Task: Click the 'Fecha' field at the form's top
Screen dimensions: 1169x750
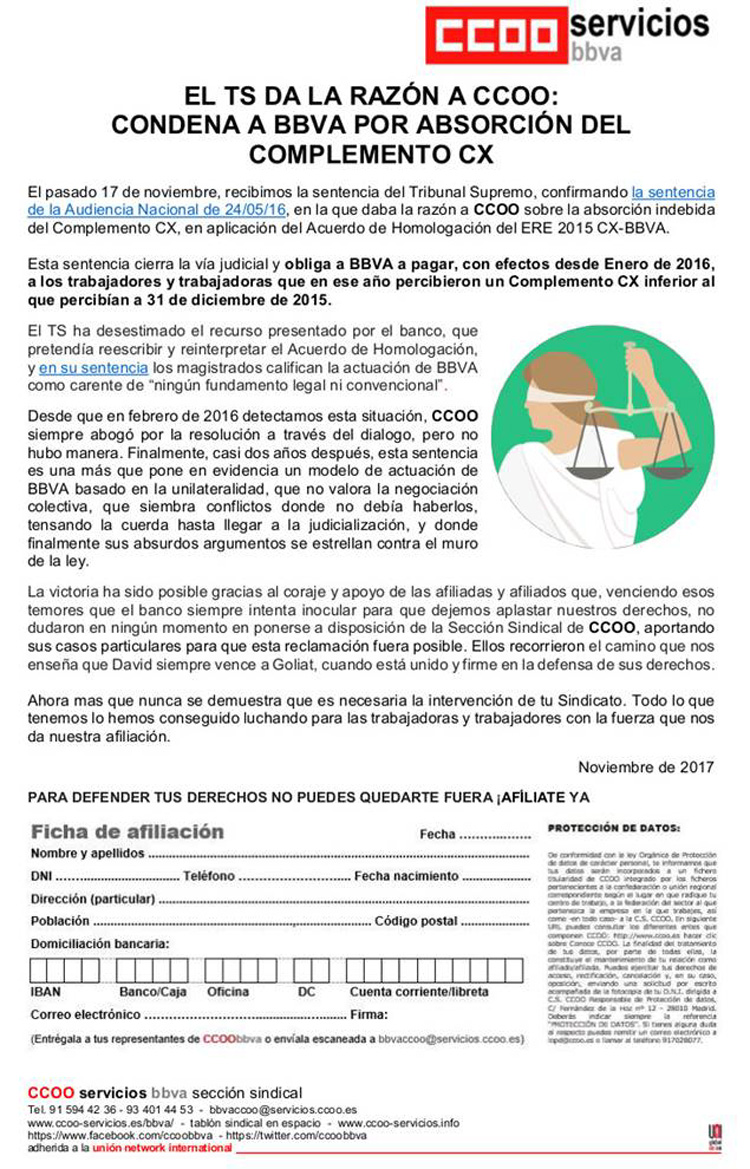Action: (x=437, y=834)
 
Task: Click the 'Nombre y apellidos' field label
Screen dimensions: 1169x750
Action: (x=88, y=854)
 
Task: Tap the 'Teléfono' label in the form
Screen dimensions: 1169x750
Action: (x=208, y=876)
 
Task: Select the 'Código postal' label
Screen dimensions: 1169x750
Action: (x=415, y=921)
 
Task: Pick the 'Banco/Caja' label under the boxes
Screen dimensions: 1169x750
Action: (x=153, y=992)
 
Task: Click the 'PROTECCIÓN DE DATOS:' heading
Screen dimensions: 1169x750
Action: (x=612, y=828)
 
